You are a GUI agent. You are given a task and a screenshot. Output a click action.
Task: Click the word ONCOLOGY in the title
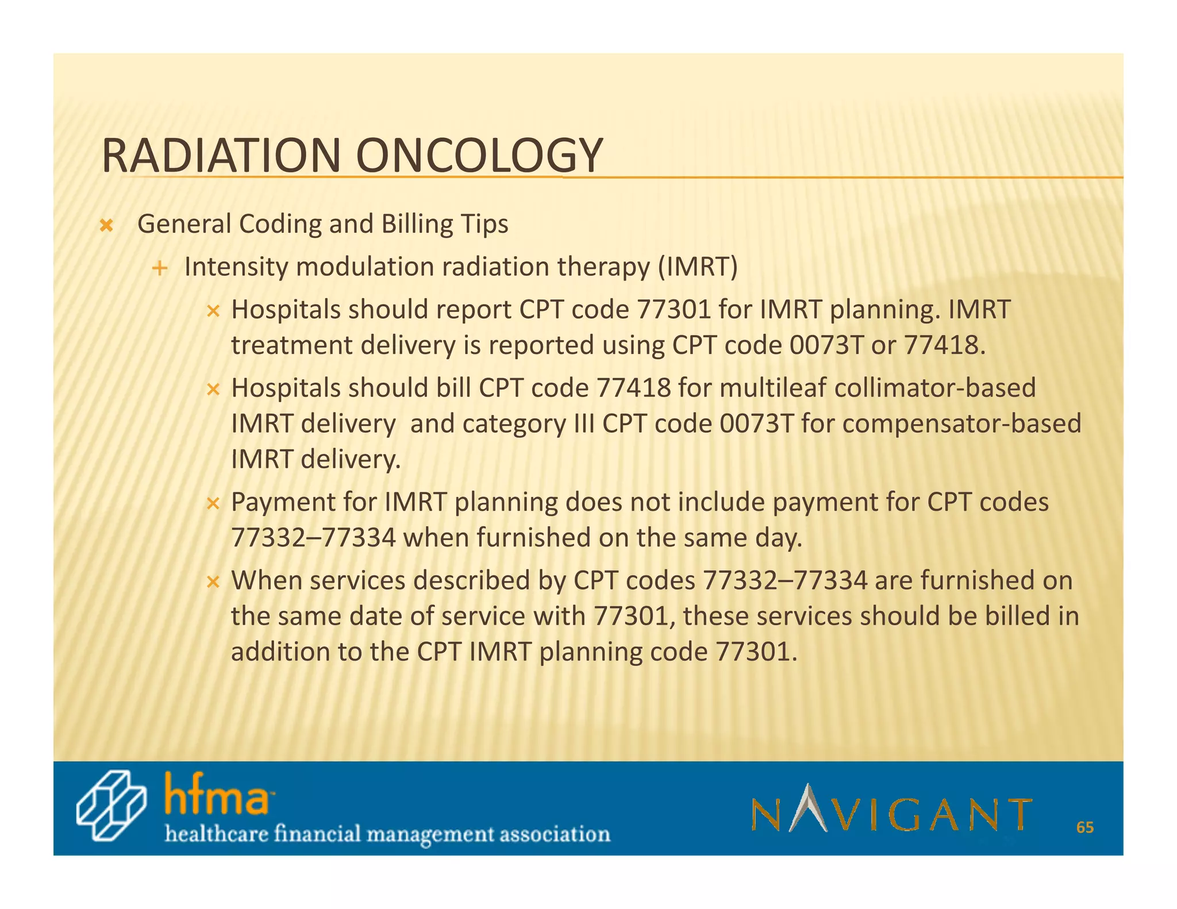pyautogui.click(x=479, y=156)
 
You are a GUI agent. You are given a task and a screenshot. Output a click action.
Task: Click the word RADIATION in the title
pyautogui.click(x=221, y=156)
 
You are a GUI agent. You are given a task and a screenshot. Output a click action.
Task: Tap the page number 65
pyautogui.click(x=1084, y=827)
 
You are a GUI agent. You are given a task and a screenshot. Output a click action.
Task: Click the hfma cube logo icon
pyautogui.click(x=111, y=806)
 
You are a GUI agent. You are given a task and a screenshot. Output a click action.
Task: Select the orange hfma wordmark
pyautogui.click(x=217, y=795)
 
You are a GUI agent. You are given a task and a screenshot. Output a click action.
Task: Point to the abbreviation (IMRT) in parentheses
pyautogui.click(x=697, y=267)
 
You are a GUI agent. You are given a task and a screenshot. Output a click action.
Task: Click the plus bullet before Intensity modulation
pyautogui.click(x=160, y=268)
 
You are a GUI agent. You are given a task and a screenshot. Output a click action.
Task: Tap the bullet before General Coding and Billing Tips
pyautogui.click(x=106, y=225)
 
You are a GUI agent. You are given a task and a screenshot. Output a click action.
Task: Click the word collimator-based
pyautogui.click(x=934, y=387)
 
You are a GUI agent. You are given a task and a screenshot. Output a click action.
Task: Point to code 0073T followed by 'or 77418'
pyautogui.click(x=826, y=345)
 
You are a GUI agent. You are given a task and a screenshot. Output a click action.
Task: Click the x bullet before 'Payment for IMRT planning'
pyautogui.click(x=213, y=504)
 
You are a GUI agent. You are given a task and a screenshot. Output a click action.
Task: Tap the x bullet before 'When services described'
pyautogui.click(x=213, y=582)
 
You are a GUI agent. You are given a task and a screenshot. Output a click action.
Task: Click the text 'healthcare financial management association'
pyautogui.click(x=387, y=834)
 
